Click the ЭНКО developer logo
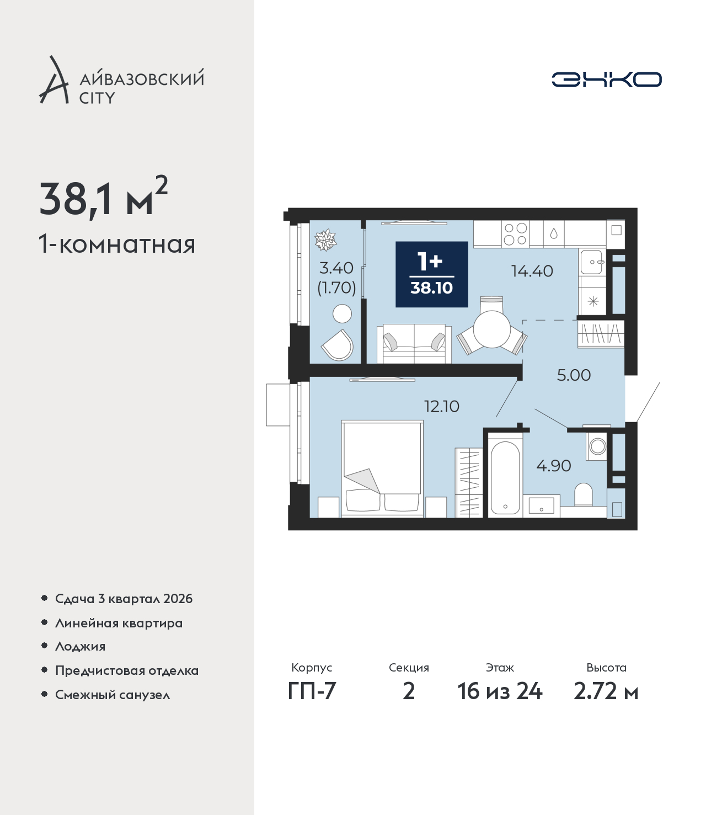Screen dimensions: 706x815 (x=606, y=79)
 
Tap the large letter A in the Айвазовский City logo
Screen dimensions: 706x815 (x=54, y=80)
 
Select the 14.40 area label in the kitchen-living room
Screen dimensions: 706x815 (x=532, y=271)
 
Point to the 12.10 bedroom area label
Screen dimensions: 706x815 (x=441, y=406)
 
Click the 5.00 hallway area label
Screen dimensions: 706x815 (x=574, y=375)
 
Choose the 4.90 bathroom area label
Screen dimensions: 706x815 (x=553, y=466)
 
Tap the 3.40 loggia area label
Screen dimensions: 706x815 (x=336, y=268)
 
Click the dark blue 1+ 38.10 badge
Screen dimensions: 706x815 (x=432, y=274)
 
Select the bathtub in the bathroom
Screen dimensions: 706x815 (x=505, y=478)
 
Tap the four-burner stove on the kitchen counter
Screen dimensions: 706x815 (x=516, y=234)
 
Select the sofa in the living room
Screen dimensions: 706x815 (x=414, y=343)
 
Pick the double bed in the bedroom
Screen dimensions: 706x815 (x=382, y=468)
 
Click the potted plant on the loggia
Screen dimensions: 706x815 (x=325, y=240)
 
